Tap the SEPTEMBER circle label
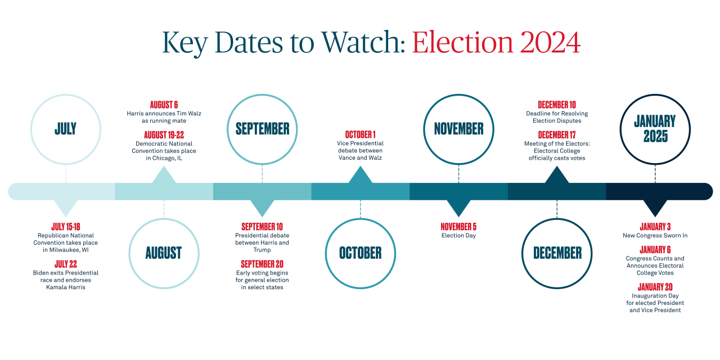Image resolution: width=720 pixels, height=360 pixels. pos(262,129)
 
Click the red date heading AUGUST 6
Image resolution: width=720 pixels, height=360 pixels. pos(164,105)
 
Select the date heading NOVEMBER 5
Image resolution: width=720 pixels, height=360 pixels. pos(458,227)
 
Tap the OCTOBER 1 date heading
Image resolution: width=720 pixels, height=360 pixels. pos(361,134)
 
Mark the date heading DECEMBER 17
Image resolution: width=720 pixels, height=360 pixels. pos(557,134)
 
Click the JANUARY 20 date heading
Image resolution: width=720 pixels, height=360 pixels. pos(655,287)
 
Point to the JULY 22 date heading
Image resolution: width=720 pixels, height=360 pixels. pos(66,264)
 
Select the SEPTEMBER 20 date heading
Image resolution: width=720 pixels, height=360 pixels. pos(262,264)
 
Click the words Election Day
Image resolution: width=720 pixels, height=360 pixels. pos(458,236)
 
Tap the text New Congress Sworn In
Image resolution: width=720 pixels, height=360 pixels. pos(655,236)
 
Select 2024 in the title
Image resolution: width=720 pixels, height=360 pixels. pos(550,42)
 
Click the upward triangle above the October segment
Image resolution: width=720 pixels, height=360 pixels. pos(361,174)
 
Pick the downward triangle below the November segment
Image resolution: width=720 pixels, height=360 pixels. pos(458,208)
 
